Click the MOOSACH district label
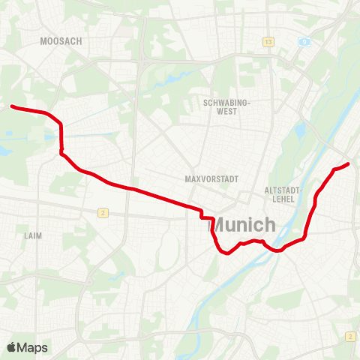[61, 41]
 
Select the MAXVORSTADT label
[211, 179]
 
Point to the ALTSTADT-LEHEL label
[282, 194]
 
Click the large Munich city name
[245, 224]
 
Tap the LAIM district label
[33, 235]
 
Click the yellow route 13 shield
[268, 41]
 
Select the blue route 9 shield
[304, 42]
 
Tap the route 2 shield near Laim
[102, 213]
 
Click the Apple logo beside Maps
[11, 347]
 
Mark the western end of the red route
[11, 106]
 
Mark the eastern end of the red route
[348, 163]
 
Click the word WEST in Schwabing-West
[226, 111]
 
